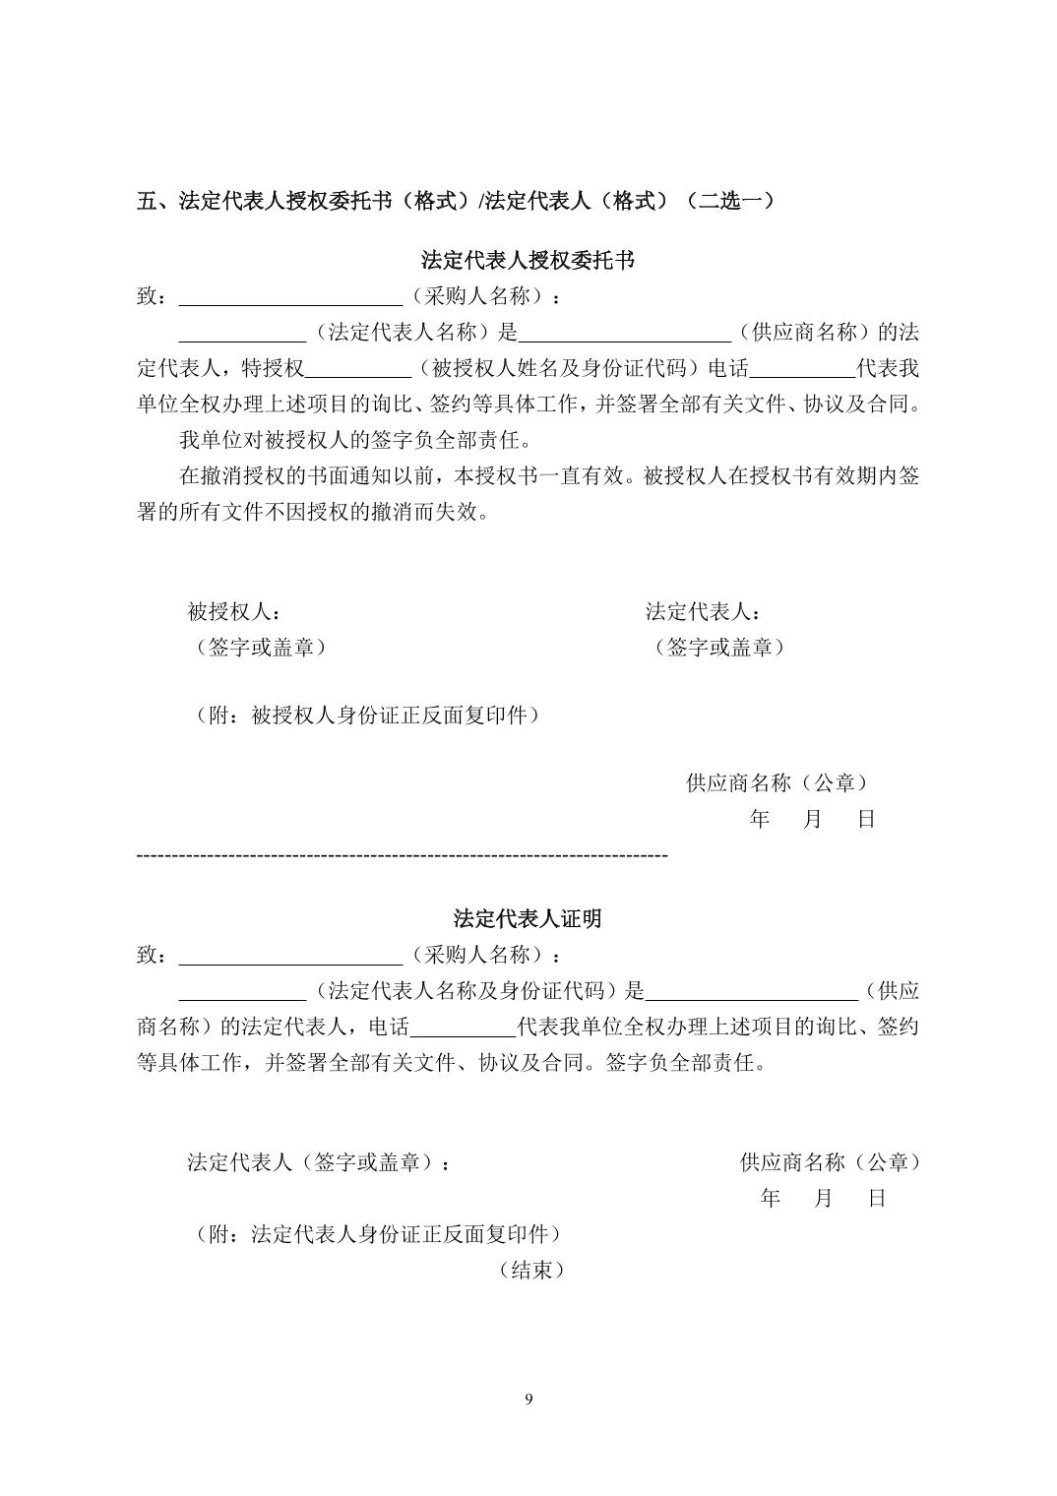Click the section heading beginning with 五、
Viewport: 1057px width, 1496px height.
[456, 201]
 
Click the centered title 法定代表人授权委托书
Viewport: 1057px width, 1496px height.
[528, 261]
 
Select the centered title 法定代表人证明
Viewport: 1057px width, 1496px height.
[528, 919]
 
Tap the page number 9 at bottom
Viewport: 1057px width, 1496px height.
[528, 1400]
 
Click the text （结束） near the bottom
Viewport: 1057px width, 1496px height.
[531, 1271]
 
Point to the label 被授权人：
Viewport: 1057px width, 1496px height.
[233, 612]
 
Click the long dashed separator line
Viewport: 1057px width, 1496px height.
[402, 856]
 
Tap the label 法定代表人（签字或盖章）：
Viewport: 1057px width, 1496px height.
[320, 1162]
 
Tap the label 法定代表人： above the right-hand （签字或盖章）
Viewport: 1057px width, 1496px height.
[703, 612]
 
